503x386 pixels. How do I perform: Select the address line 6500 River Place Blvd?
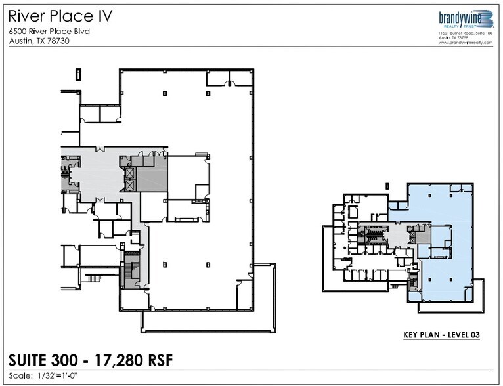[49, 31]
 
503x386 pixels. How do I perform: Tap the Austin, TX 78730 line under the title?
[39, 41]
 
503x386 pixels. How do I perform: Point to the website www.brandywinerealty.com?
[466, 42]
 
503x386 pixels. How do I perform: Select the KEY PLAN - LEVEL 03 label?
[441, 335]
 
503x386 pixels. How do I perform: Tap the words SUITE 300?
[42, 360]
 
